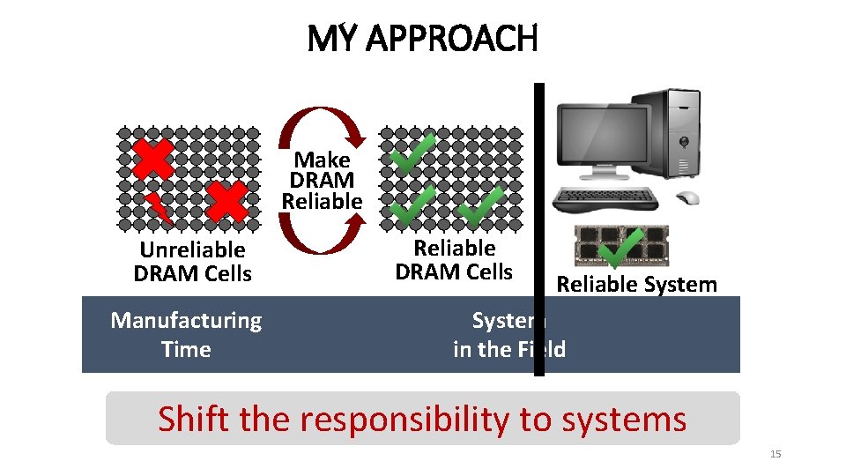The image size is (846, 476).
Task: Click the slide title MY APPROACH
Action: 422,38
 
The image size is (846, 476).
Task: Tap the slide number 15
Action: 775,454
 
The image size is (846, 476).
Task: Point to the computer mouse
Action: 687,198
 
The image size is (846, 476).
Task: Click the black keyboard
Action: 605,199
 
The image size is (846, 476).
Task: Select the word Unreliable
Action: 192,250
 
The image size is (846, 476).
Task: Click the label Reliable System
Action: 636,284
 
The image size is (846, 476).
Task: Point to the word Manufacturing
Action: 186,320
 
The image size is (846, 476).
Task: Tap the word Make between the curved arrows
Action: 322,160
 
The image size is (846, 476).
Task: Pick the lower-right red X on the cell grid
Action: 226,202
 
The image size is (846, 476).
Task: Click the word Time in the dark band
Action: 186,350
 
